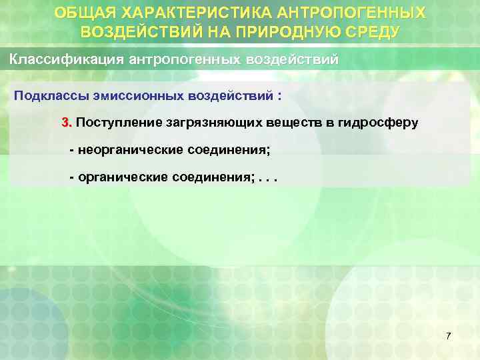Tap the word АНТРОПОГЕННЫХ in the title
[x=359, y=13]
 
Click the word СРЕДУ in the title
[x=368, y=31]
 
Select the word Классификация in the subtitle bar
[x=64, y=59]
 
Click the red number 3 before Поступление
[x=65, y=123]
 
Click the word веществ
[x=287, y=123]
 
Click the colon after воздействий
[x=279, y=96]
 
